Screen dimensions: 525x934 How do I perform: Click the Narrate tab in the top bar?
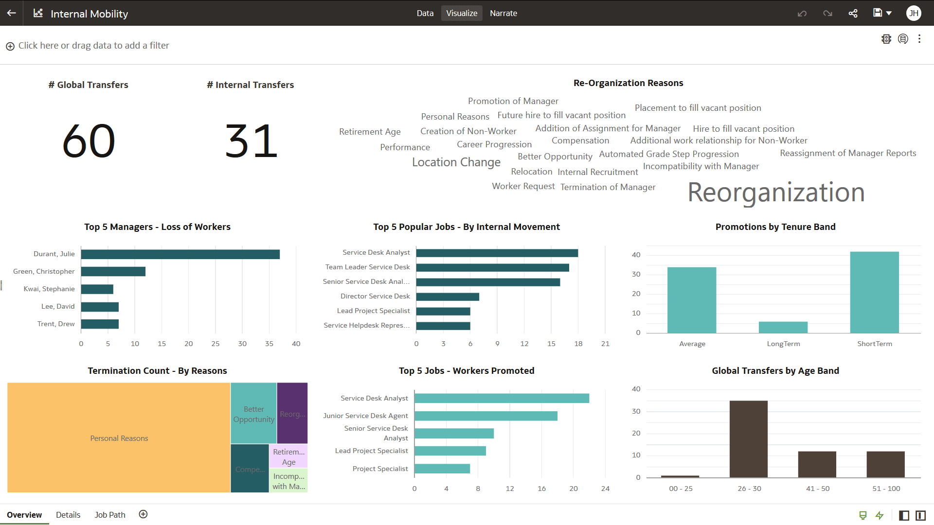(503, 13)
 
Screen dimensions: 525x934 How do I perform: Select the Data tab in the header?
(425, 13)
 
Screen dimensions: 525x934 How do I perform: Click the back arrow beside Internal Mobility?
(12, 13)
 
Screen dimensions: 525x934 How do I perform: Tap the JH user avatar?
(914, 13)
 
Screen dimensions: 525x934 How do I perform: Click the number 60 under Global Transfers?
(89, 141)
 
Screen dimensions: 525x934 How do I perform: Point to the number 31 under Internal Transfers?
(251, 141)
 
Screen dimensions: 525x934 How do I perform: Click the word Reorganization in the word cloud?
(776, 192)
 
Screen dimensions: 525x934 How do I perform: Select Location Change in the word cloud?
(456, 162)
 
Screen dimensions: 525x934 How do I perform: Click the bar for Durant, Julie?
(180, 254)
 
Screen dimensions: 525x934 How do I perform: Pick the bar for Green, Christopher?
(113, 272)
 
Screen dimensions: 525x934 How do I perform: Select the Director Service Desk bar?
(448, 297)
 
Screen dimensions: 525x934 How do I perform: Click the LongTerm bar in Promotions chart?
(783, 327)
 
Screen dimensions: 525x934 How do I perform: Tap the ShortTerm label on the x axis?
(874, 344)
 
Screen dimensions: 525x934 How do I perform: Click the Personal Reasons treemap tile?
(119, 438)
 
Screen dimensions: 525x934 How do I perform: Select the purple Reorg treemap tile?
(292, 413)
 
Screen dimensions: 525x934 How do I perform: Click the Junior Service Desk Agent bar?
(485, 416)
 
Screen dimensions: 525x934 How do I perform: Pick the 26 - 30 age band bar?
(748, 439)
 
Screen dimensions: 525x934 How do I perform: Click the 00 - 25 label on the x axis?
(681, 489)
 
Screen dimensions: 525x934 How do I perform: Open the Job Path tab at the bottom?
(110, 515)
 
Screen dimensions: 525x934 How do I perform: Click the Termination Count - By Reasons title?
(157, 371)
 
